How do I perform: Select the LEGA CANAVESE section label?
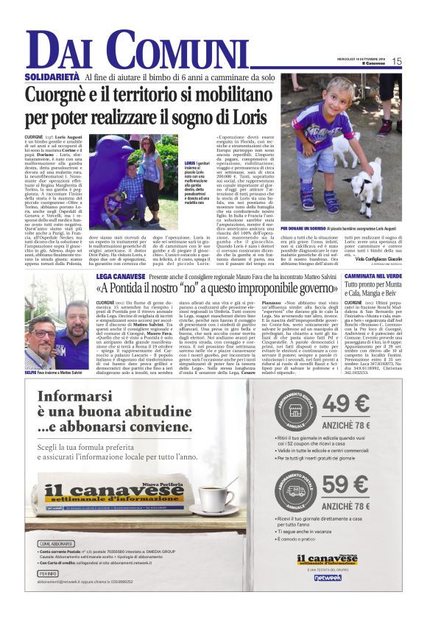click(120, 274)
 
